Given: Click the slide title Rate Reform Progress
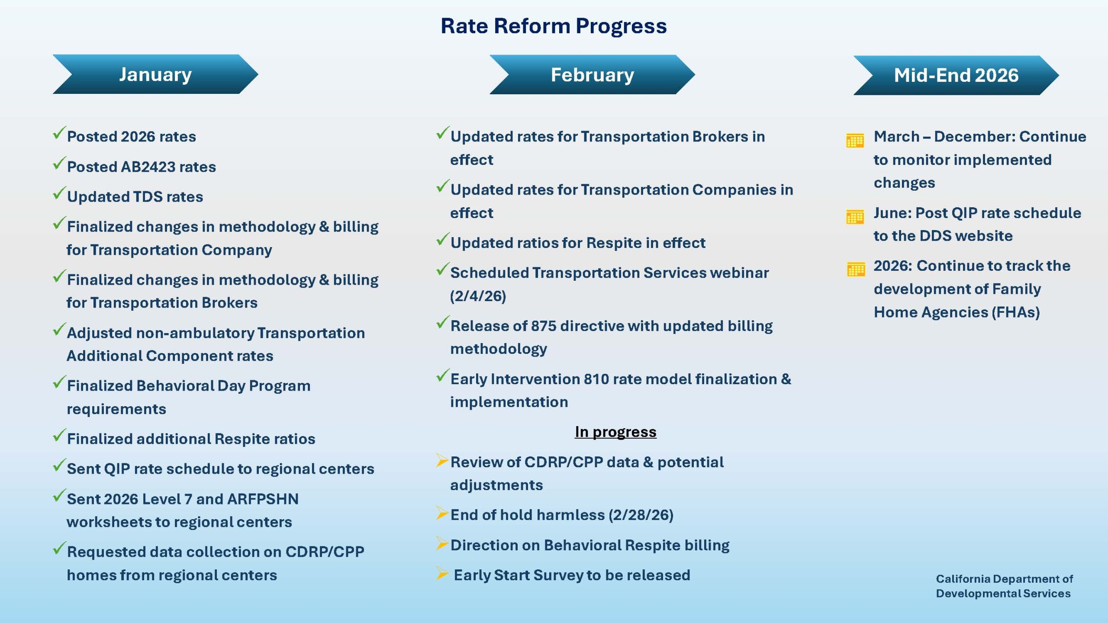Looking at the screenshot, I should pyautogui.click(x=554, y=26).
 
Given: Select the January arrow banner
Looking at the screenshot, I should pyautogui.click(x=155, y=74).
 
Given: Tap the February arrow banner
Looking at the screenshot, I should pyautogui.click(x=592, y=75).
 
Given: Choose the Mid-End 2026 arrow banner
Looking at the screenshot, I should pyautogui.click(x=956, y=75).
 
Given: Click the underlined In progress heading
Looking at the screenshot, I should pyautogui.click(x=615, y=432).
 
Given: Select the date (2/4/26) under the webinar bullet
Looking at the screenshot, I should pyautogui.click(x=478, y=296).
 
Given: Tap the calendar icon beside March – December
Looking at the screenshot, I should pyautogui.click(x=855, y=141).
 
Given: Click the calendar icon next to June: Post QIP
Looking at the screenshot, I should pyautogui.click(x=855, y=216).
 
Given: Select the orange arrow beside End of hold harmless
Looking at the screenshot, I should pyautogui.click(x=442, y=513).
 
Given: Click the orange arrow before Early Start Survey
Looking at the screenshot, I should pyautogui.click(x=442, y=573).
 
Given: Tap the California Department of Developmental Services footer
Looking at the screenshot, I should pyautogui.click(x=1004, y=586).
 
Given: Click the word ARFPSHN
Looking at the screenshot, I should pyautogui.click(x=263, y=499).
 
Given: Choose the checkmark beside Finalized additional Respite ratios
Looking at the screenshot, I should pyautogui.click(x=59, y=435).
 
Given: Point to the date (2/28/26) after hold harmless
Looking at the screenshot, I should pyautogui.click(x=641, y=515).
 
